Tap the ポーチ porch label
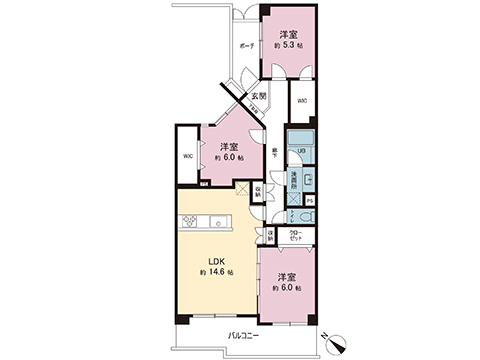pyautogui.click(x=245, y=48)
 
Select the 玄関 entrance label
pyautogui.click(x=257, y=96)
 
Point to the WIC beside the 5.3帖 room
pyautogui.click(x=302, y=99)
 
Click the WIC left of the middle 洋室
pyautogui.click(x=187, y=157)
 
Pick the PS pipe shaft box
pyautogui.click(x=310, y=199)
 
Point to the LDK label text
pyautogui.click(x=216, y=262)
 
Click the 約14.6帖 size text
pyautogui.click(x=216, y=273)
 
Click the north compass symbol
pyautogui.click(x=335, y=343)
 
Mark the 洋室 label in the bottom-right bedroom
pyautogui.click(x=287, y=277)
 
